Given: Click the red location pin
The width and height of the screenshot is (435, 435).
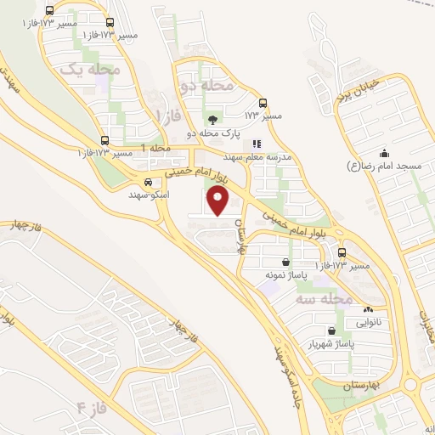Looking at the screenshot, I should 219,201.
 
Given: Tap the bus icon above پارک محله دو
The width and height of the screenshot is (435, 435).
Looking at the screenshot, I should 263,102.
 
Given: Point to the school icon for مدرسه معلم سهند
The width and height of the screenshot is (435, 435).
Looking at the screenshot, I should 257,144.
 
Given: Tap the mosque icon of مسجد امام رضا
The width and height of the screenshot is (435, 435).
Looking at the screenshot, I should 384,154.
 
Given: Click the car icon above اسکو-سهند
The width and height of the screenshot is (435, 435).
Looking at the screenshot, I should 149,182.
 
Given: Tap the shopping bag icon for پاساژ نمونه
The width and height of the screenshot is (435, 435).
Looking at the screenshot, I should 285,262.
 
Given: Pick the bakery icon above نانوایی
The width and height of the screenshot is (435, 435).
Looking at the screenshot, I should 367,310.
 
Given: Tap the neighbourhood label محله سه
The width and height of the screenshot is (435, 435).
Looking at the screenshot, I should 323,299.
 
